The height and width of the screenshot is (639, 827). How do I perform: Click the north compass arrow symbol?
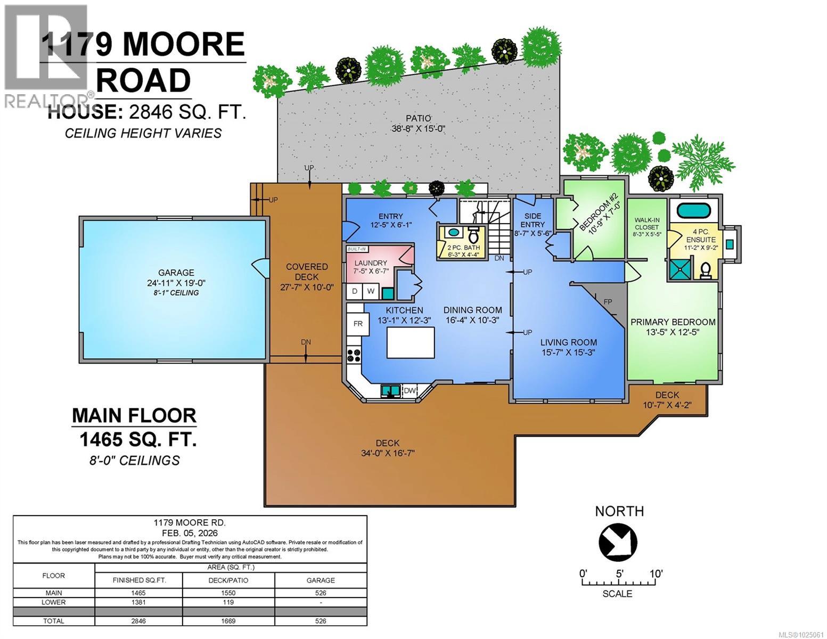pyautogui.click(x=618, y=542)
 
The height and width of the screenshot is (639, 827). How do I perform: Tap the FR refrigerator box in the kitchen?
pyautogui.click(x=358, y=324)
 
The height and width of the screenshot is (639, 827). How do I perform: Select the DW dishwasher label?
pyautogui.click(x=409, y=391)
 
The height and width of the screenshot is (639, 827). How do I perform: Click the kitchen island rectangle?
pyautogui.click(x=410, y=342)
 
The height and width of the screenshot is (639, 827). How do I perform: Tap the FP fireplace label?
pyautogui.click(x=608, y=302)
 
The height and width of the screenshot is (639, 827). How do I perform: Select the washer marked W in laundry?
pyautogui.click(x=371, y=291)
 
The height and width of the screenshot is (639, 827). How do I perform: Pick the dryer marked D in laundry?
pyautogui.click(x=355, y=291)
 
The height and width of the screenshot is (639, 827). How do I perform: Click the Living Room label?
pyautogui.click(x=568, y=342)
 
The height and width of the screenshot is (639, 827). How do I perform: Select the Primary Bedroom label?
pyautogui.click(x=673, y=322)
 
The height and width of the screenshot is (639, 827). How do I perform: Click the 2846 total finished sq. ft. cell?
pyautogui.click(x=138, y=621)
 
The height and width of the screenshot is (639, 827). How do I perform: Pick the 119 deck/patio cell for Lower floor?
pyautogui.click(x=228, y=602)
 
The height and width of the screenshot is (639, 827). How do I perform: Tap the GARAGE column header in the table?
pyautogui.click(x=321, y=580)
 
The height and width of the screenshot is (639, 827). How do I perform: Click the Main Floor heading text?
pyautogui.click(x=134, y=415)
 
